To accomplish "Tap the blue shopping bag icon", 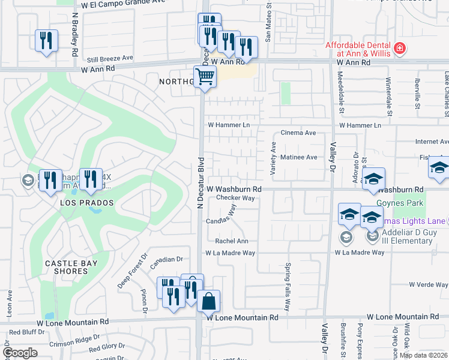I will (x=208, y=302).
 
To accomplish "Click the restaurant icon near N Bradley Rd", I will (x=46, y=41).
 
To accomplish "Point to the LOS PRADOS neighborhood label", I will (x=87, y=203).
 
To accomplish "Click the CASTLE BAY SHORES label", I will (x=67, y=267).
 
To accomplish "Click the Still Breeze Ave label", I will (x=109, y=58).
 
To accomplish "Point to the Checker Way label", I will (x=236, y=197).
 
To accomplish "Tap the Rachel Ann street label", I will (x=232, y=241).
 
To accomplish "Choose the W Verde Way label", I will (x=429, y=284).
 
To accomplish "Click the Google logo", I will (x=20, y=353).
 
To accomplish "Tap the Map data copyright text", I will (x=424, y=355).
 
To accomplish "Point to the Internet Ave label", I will (x=432, y=142).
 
